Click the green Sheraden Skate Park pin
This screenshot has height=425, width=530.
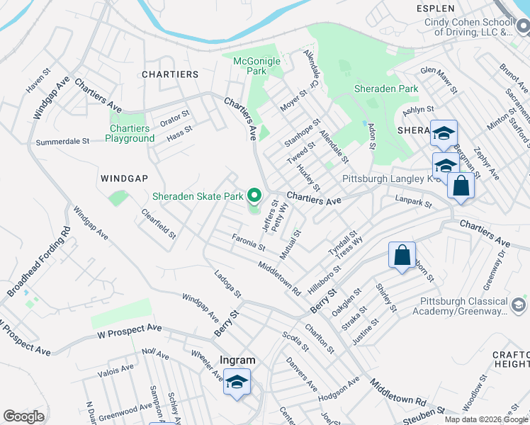pyautogui.click(x=254, y=196)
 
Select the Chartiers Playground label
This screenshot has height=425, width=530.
pyautogui.click(x=130, y=133)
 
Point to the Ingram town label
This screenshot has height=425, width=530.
pyautogui.click(x=237, y=360)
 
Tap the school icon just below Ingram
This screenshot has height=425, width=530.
pyautogui.click(x=237, y=382)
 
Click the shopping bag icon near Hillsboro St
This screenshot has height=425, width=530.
pyautogui.click(x=402, y=256)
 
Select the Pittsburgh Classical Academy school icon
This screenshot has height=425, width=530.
pyautogui.click(x=519, y=305)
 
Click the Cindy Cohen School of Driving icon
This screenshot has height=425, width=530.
pyautogui.click(x=523, y=28)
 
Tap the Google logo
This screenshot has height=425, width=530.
pyautogui.click(x=23, y=416)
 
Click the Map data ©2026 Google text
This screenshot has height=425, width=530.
pyautogui.click(x=486, y=419)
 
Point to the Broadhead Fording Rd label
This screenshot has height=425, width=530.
pyautogui.click(x=38, y=262)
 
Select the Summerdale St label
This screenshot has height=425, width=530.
pyautogui.click(x=62, y=141)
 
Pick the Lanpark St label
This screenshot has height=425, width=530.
pyautogui.click(x=415, y=203)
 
